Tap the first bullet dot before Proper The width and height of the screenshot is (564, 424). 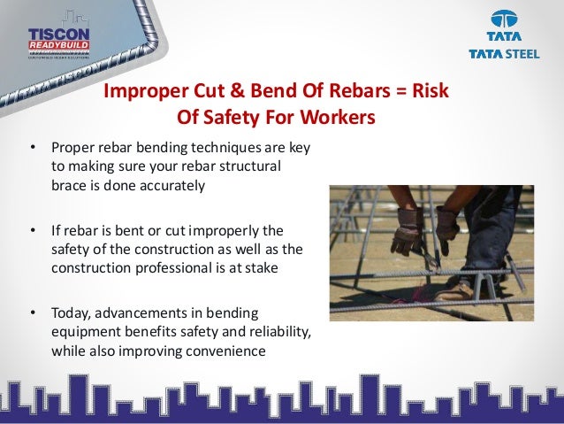click(x=33, y=146)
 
